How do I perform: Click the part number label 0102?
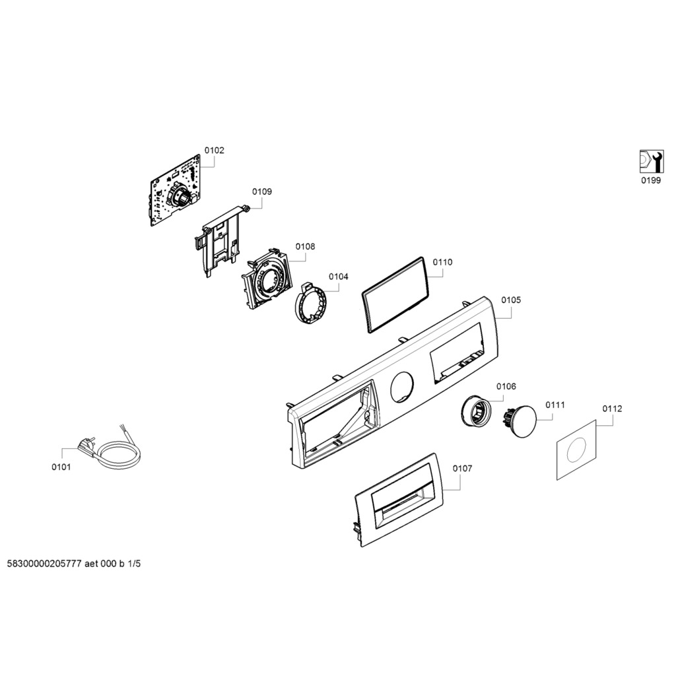click(x=214, y=151)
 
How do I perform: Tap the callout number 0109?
click(x=261, y=191)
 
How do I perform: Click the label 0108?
click(x=305, y=246)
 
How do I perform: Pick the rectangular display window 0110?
click(x=395, y=294)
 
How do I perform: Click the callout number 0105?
click(x=510, y=300)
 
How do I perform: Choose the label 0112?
click(x=612, y=409)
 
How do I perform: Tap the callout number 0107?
click(x=462, y=468)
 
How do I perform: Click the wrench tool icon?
click(x=650, y=160)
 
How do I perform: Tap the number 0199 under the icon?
click(x=650, y=181)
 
